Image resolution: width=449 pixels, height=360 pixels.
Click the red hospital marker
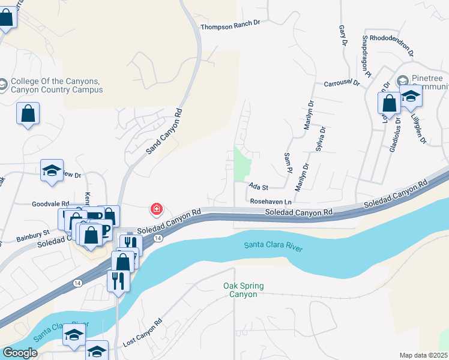(x=156, y=209)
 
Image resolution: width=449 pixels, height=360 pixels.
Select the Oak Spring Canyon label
(x=244, y=290)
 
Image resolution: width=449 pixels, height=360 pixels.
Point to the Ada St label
(x=258, y=187)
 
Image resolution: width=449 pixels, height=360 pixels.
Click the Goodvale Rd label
(x=51, y=204)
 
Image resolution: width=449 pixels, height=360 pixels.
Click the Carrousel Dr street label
(x=341, y=83)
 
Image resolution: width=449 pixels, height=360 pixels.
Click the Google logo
(x=20, y=352)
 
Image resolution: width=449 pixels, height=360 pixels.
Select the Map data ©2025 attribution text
(x=423, y=355)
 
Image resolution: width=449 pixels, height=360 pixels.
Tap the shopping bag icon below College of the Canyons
(x=28, y=113)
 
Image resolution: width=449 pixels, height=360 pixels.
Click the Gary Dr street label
(x=343, y=35)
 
